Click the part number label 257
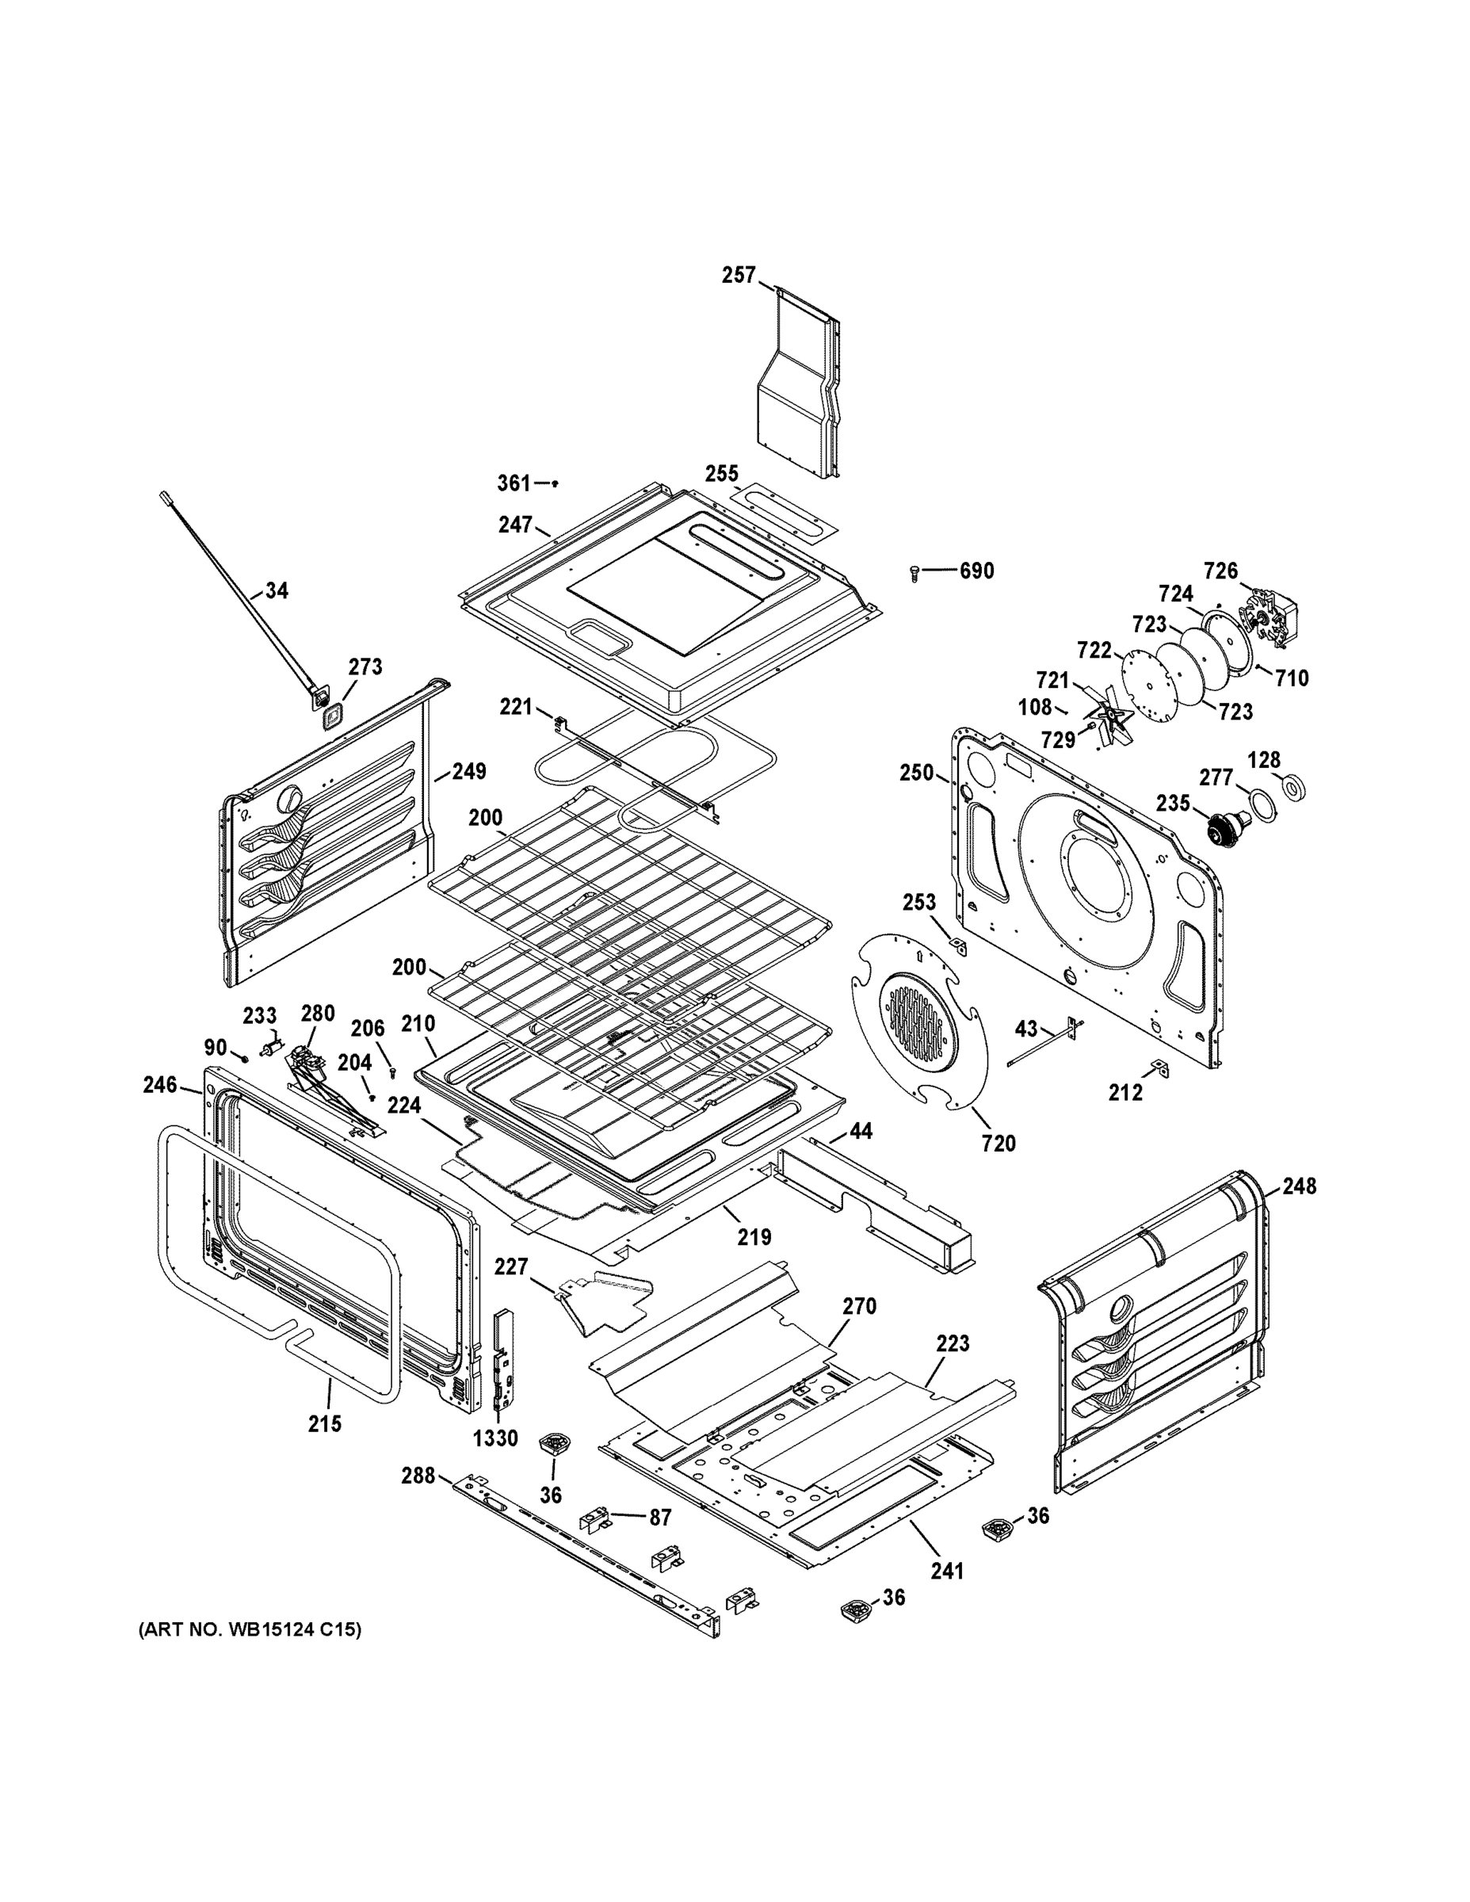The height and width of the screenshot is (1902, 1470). click(738, 275)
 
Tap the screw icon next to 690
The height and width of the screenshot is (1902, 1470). click(914, 572)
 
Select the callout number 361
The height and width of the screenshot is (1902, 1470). click(513, 483)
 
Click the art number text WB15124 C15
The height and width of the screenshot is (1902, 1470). click(250, 1629)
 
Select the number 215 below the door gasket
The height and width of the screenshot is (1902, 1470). click(324, 1424)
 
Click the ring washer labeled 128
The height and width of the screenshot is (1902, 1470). click(1293, 786)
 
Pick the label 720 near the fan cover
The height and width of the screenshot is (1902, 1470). click(998, 1143)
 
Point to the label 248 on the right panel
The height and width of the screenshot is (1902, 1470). click(1299, 1186)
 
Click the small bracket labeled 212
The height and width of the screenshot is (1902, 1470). click(1159, 1067)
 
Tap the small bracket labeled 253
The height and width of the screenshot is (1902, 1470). click(957, 945)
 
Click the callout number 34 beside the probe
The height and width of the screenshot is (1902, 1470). click(276, 590)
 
